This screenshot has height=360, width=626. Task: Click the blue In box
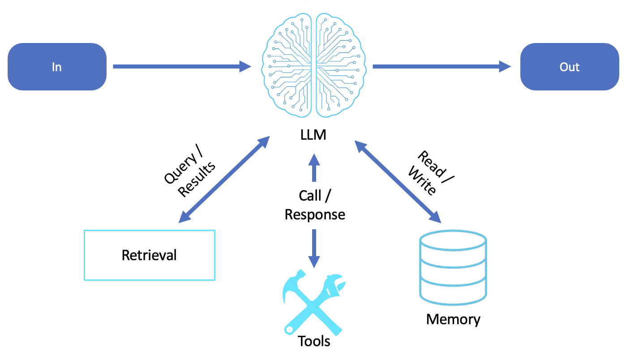tap(57, 67)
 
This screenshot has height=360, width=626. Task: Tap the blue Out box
tap(570, 67)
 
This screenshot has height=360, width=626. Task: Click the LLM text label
tap(313, 135)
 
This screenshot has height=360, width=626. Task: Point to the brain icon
tap(313, 65)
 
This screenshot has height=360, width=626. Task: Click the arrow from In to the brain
tap(182, 67)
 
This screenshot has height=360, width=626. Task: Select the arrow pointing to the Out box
tap(442, 67)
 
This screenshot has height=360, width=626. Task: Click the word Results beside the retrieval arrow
tap(197, 180)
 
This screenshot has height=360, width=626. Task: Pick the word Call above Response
tap(310, 195)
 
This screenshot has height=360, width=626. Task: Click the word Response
tap(315, 214)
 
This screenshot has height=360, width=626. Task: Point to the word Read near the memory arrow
tap(431, 163)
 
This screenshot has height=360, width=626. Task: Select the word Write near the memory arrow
tap(422, 181)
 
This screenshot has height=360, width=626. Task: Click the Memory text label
tap(453, 319)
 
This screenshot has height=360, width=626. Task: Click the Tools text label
tap(314, 341)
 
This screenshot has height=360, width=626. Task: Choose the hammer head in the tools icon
tap(293, 284)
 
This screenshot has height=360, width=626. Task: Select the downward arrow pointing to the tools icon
tap(314, 249)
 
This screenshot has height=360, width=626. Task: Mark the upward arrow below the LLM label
tap(314, 168)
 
